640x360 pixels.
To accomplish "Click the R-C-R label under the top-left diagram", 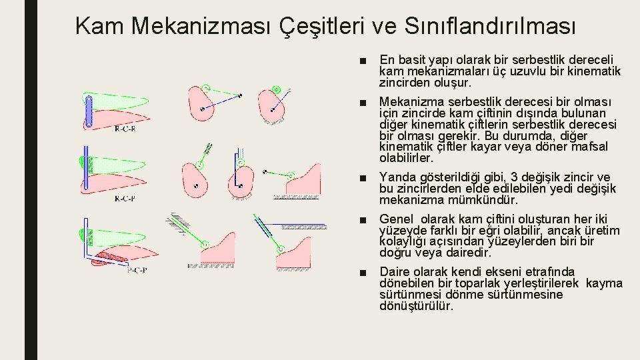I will click(x=125, y=129).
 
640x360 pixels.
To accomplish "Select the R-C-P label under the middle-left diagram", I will click(x=125, y=198).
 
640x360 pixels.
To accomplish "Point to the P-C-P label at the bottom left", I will click(x=137, y=270).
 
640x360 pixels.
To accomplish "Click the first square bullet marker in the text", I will click(x=362, y=60).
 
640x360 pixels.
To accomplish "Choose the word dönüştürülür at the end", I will click(x=416, y=307).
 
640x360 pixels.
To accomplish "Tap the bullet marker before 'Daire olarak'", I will click(x=362, y=271).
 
